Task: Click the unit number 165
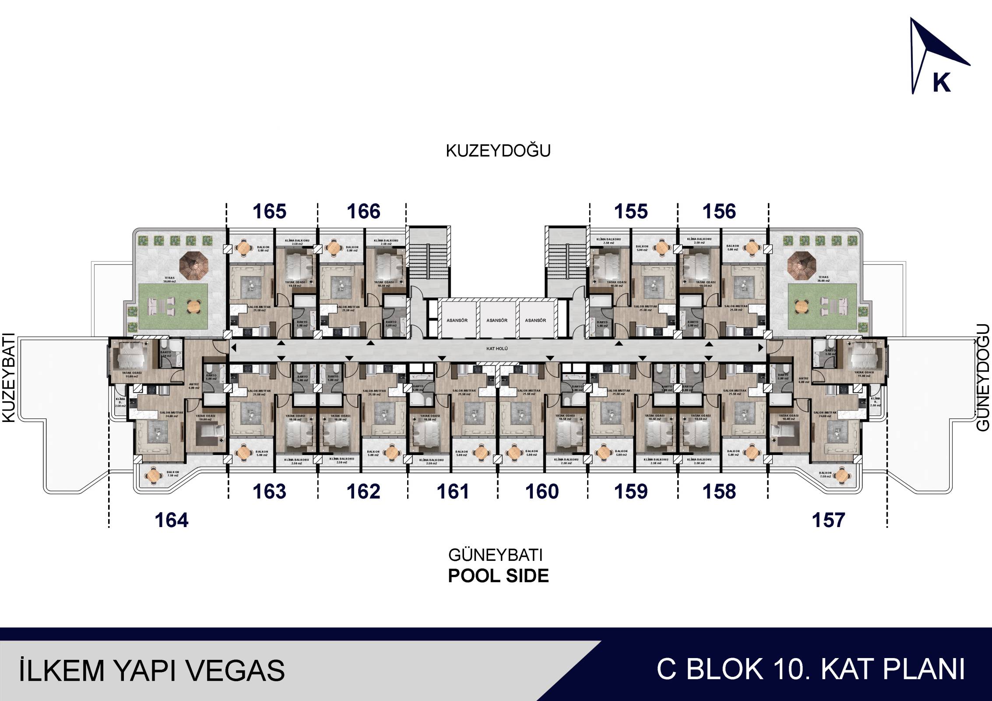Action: tap(269, 212)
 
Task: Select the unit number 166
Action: tap(363, 212)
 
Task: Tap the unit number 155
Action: tap(631, 212)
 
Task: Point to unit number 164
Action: tap(172, 520)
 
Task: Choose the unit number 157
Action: tap(828, 520)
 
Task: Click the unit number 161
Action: tap(453, 492)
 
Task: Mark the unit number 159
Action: tap(631, 492)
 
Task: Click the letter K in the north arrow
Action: tap(942, 82)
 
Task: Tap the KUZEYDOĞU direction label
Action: tap(498, 151)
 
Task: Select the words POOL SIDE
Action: tap(498, 576)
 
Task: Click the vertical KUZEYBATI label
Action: tap(9, 378)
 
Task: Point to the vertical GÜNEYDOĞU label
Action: tap(983, 378)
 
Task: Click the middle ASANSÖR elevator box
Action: tap(497, 320)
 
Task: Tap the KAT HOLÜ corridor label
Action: tap(497, 349)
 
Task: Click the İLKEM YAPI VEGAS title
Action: tap(152, 670)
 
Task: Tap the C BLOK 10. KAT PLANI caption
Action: tap(811, 669)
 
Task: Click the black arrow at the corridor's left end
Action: tap(234, 348)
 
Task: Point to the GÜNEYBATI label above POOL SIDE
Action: tap(495, 555)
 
